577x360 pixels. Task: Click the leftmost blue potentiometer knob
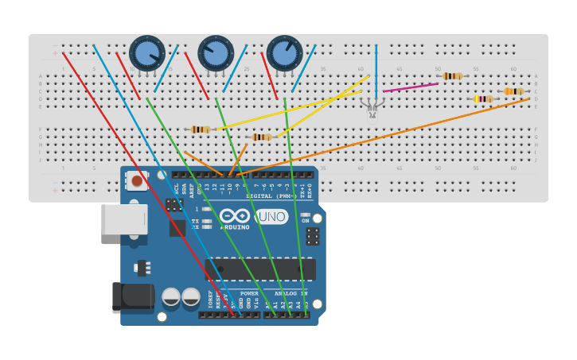pyautogui.click(x=147, y=52)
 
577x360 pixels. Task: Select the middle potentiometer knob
pyautogui.click(x=216, y=52)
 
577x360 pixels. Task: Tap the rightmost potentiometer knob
pyautogui.click(x=284, y=52)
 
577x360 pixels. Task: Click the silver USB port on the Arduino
pyautogui.click(x=124, y=219)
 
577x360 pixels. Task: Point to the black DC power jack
pyautogui.click(x=131, y=296)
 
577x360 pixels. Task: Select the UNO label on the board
pyautogui.click(x=271, y=216)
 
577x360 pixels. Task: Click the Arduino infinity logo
pyautogui.click(x=235, y=216)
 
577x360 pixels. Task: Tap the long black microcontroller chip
pyautogui.click(x=260, y=269)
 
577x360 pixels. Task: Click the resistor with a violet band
pyautogui.click(x=483, y=99)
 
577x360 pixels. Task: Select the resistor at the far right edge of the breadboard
pyautogui.click(x=513, y=91)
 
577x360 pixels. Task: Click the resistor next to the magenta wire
pyautogui.click(x=451, y=76)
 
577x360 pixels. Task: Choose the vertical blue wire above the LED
pyautogui.click(x=376, y=68)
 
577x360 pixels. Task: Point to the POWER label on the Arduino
pyautogui.click(x=249, y=293)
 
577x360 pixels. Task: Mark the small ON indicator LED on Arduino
pyautogui.click(x=305, y=215)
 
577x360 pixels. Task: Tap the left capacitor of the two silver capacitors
pyautogui.click(x=171, y=297)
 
